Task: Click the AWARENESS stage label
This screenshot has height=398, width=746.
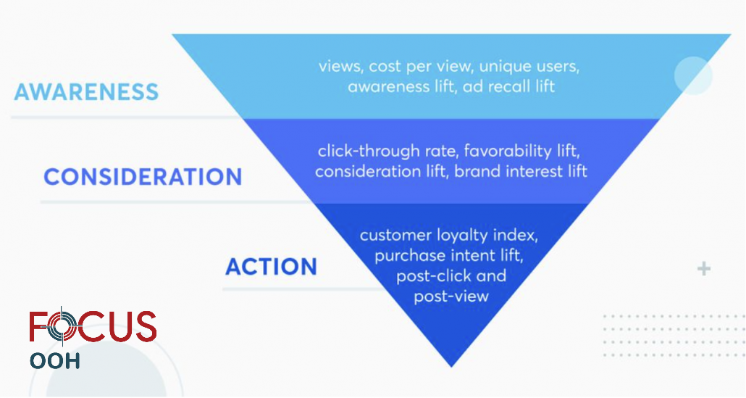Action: point(86,92)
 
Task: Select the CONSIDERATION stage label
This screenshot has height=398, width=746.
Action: point(143,177)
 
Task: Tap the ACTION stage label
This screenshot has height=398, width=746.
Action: point(271,267)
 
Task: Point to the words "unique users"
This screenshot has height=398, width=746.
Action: point(529,66)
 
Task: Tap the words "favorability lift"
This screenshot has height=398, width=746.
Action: point(522,151)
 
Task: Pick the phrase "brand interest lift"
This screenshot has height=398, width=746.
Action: point(521,171)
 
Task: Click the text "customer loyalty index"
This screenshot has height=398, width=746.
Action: point(448,235)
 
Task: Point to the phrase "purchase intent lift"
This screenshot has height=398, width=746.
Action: point(448,256)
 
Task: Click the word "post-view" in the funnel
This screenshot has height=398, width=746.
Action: point(451,297)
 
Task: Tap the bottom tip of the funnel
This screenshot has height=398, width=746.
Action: point(451,367)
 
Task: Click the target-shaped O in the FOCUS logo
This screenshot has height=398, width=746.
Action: point(62,326)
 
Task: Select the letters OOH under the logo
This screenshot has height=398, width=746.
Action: point(55,361)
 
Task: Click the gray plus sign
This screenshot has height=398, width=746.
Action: point(704,269)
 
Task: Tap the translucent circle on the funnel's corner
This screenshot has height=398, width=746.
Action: point(693,75)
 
